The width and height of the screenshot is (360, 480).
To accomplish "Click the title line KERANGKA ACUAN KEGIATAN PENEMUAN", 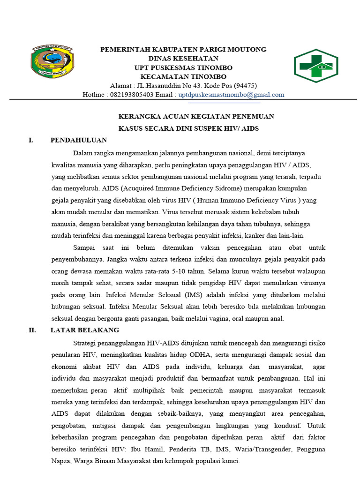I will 196,116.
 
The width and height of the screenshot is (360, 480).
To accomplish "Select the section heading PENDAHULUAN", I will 79,140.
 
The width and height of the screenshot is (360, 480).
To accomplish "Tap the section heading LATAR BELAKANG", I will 85,330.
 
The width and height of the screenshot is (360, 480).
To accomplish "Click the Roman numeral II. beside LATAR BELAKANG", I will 32,330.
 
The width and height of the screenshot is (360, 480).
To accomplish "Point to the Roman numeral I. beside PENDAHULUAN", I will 30,140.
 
